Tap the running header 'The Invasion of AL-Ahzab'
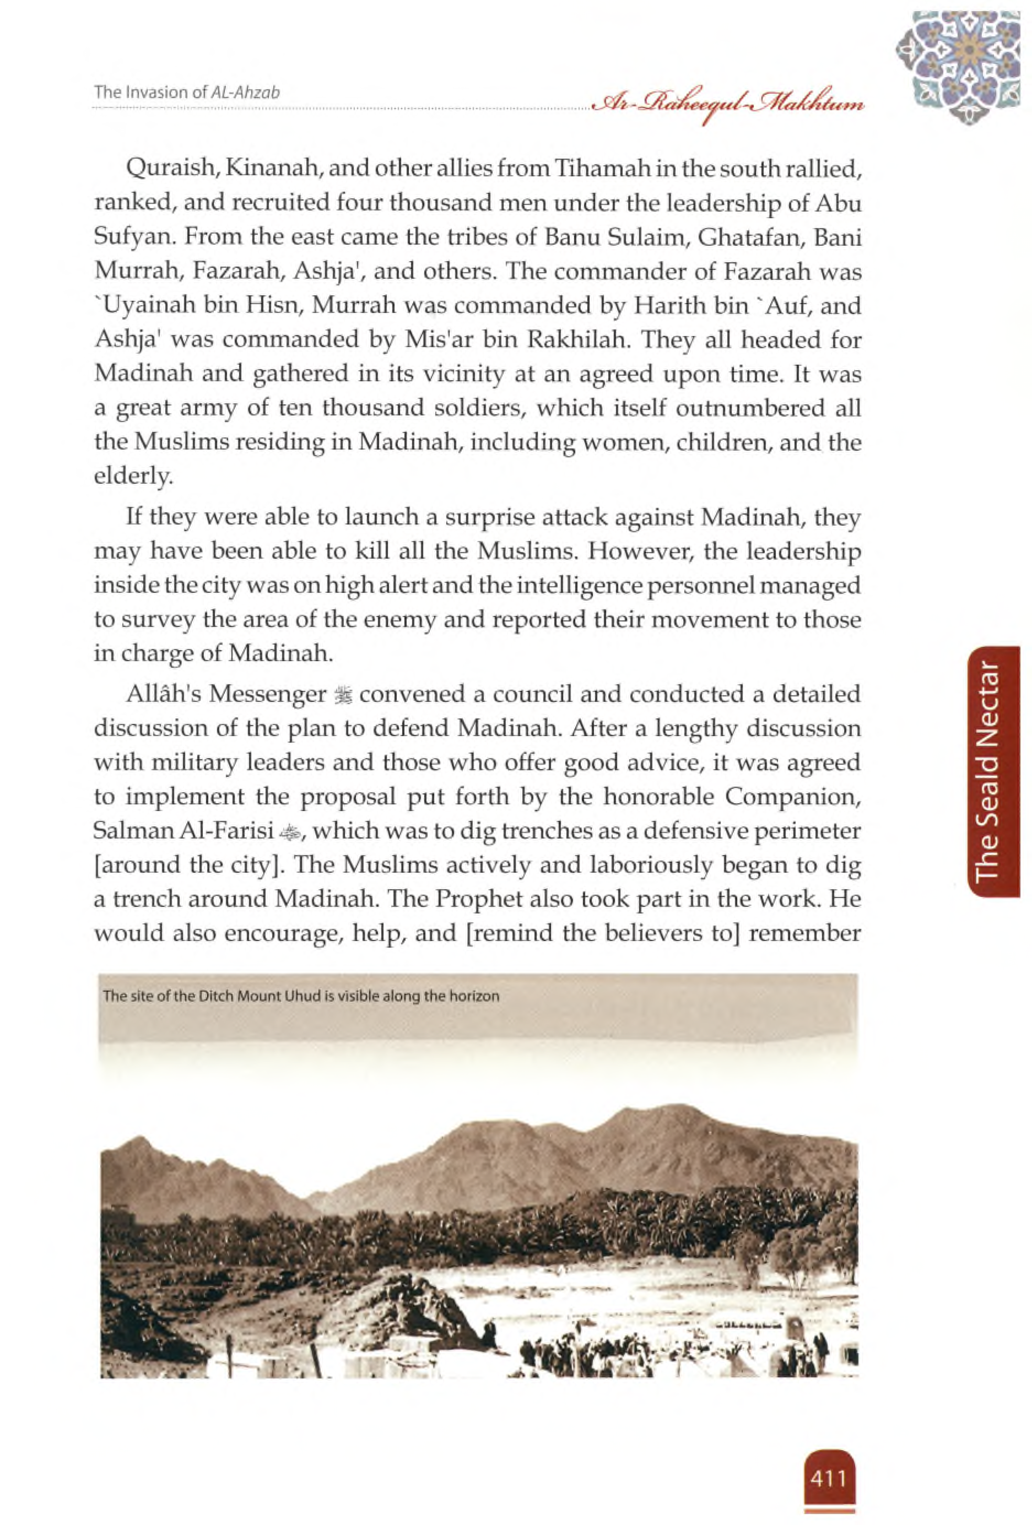click(x=187, y=92)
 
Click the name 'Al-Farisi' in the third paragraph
click(x=228, y=831)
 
